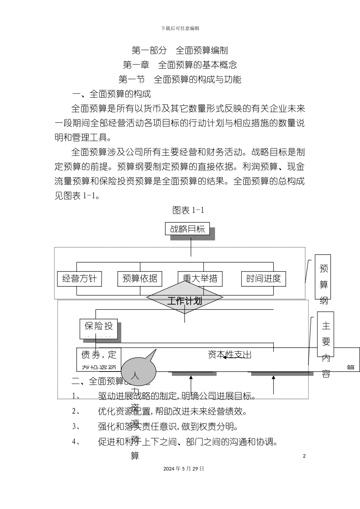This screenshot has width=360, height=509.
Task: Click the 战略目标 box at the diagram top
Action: click(x=188, y=229)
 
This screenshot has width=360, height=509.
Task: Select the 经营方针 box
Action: click(x=80, y=279)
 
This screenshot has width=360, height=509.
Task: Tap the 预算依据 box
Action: click(x=140, y=279)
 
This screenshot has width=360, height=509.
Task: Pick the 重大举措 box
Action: click(x=200, y=279)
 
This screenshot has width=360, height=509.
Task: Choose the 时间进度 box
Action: click(x=263, y=279)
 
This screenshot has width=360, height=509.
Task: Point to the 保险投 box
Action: click(x=99, y=328)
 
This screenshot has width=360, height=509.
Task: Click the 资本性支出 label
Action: click(x=230, y=354)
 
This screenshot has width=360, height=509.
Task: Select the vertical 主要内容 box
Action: click(x=326, y=334)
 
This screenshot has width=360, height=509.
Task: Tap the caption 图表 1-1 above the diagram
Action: click(x=188, y=210)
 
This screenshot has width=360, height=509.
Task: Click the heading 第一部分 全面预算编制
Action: click(x=180, y=50)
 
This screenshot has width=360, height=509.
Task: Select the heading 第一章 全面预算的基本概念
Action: click(x=180, y=65)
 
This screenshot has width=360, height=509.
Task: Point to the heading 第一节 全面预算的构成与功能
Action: click(x=180, y=79)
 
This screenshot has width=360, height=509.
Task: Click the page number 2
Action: click(x=304, y=456)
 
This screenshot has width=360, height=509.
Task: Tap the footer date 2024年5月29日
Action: click(x=183, y=468)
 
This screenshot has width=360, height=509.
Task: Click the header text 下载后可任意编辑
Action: click(x=180, y=28)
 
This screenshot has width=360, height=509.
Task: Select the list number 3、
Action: click(x=76, y=426)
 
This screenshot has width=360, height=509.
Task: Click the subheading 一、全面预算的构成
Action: click(x=112, y=94)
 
